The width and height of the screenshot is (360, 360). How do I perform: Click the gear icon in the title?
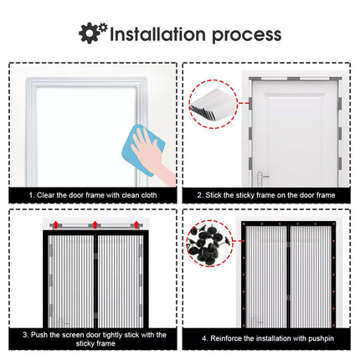click(93, 33)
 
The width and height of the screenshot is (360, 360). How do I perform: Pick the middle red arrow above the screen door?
click(95, 224)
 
